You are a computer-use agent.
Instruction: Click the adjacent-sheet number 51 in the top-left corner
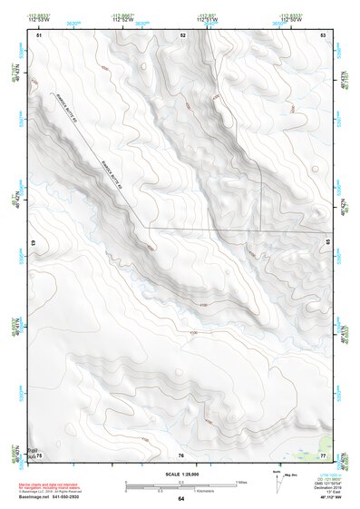[39, 34]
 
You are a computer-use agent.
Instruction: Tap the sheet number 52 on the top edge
[182, 34]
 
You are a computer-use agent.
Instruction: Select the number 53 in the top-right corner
[325, 34]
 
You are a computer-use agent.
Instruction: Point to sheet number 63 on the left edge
[34, 244]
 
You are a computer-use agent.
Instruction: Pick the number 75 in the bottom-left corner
[39, 455]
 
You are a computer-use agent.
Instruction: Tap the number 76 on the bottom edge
[181, 455]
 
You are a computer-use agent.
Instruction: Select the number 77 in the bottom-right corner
[324, 455]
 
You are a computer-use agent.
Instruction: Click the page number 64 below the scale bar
[180, 499]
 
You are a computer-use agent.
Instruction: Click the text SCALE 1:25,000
[180, 475]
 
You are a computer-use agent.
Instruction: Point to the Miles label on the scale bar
[240, 481]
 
